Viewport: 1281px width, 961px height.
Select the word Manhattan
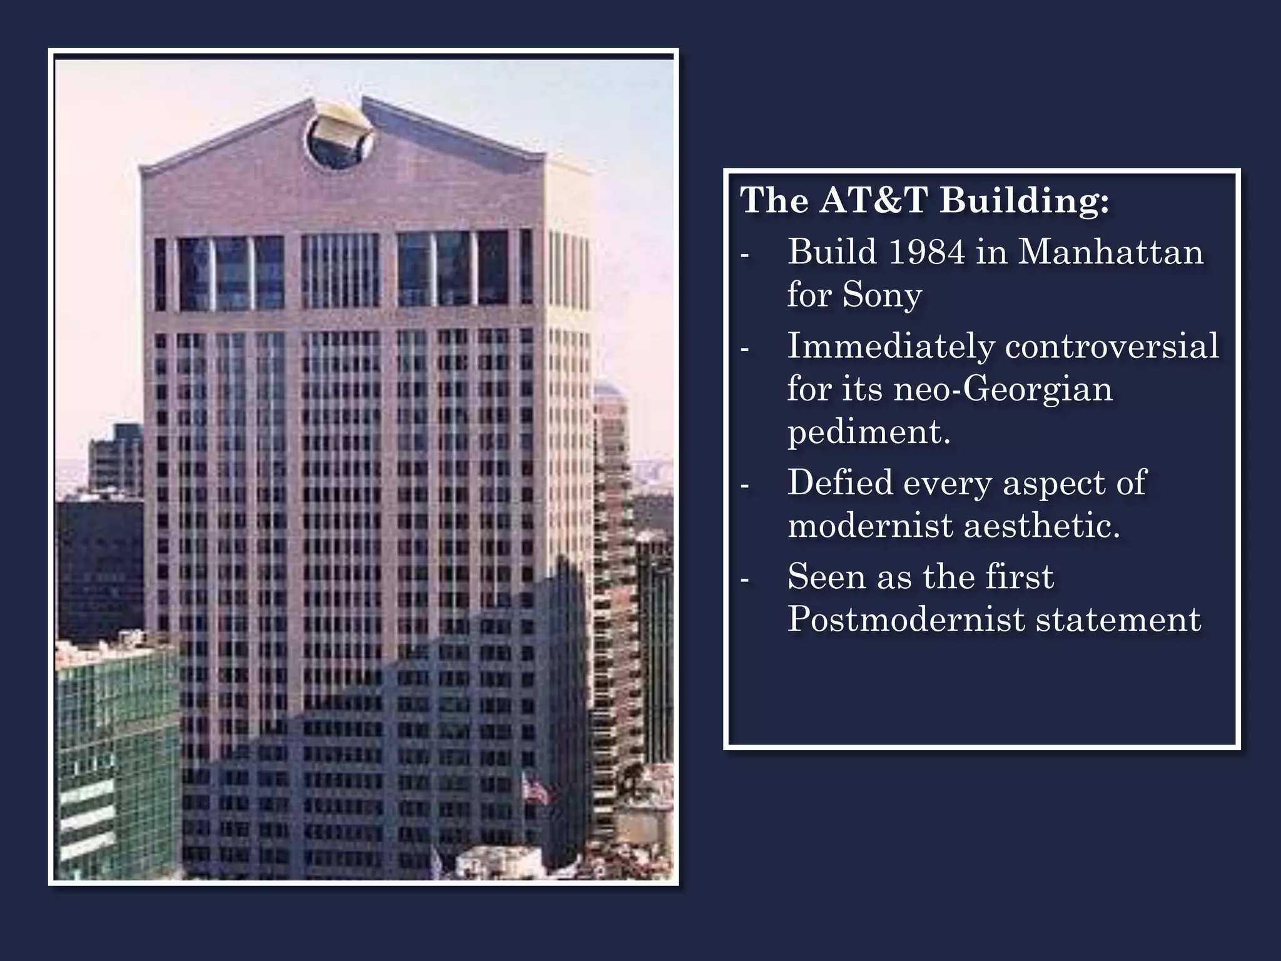point(1110,252)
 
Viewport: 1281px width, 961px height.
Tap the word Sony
point(882,294)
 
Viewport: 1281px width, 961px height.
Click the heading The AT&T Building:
point(924,200)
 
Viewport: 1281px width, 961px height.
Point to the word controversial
point(1111,346)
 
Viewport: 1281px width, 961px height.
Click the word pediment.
point(868,432)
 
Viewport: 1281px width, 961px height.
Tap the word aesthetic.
point(1041,525)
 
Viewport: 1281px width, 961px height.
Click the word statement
point(1118,619)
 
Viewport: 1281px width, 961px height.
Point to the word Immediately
point(891,346)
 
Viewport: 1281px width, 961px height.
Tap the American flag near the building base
point(536,791)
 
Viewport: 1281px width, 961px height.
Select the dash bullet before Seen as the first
point(744,579)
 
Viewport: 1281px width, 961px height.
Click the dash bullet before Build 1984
point(744,255)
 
